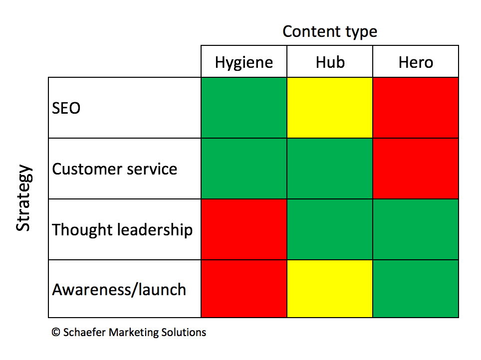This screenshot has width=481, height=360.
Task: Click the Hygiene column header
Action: click(244, 62)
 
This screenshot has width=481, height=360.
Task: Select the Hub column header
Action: click(330, 62)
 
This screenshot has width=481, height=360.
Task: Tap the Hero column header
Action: click(416, 62)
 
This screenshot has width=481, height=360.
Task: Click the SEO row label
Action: click(66, 108)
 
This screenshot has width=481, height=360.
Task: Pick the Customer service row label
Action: click(115, 169)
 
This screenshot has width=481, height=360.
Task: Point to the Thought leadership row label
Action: click(122, 230)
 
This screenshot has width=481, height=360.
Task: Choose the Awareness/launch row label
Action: click(119, 290)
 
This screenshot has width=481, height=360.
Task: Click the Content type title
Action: click(330, 31)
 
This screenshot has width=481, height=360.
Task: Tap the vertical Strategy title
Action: click(23, 197)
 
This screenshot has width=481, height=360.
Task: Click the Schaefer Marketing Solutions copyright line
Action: click(129, 333)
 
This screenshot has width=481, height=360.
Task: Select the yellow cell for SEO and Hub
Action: click(330, 108)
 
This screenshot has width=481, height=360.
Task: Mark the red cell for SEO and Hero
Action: click(416, 108)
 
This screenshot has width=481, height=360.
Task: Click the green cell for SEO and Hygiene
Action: click(244, 108)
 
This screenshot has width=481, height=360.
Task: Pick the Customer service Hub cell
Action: click(330, 169)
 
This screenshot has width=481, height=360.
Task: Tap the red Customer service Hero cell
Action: click(416, 169)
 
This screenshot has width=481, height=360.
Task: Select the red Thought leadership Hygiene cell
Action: click(244, 230)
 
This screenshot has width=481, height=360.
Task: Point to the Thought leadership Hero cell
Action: click(416, 230)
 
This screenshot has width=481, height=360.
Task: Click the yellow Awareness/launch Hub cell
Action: click(330, 289)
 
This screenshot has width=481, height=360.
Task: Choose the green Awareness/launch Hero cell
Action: click(416, 289)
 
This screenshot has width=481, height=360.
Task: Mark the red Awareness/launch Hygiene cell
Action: click(244, 289)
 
